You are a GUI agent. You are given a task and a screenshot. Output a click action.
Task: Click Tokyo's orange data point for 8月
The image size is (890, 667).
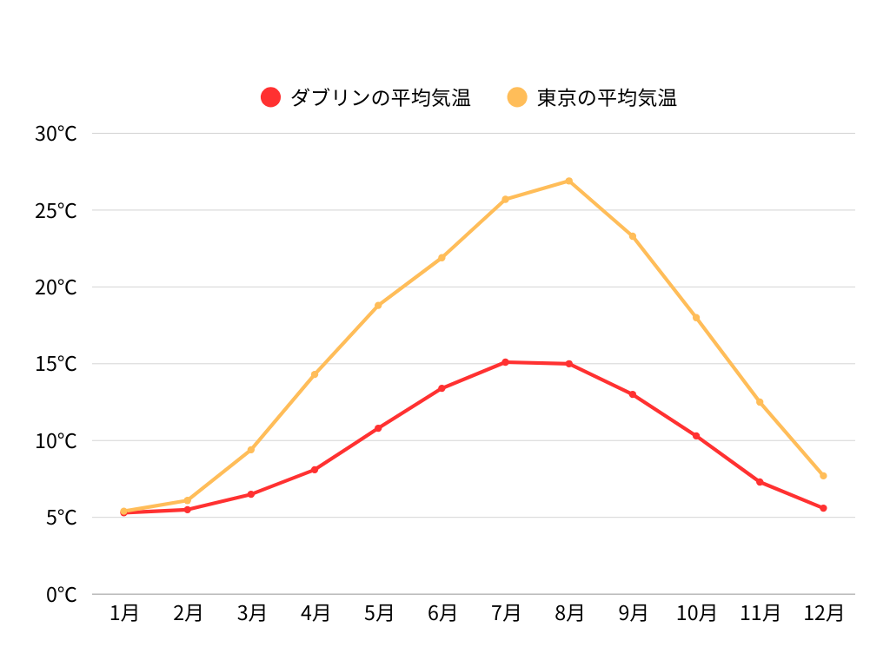point(569,181)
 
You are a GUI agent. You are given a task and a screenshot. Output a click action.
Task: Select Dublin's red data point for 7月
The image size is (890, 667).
point(506,362)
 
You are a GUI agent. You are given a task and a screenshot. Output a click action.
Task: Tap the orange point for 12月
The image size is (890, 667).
point(823,476)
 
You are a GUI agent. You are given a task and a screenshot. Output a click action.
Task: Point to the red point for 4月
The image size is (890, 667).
point(315,470)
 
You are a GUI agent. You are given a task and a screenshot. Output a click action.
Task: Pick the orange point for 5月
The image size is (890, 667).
point(378,306)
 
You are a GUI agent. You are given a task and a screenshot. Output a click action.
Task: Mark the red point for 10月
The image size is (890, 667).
point(696,436)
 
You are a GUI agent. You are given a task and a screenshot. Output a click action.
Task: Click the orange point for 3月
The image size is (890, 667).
point(251,450)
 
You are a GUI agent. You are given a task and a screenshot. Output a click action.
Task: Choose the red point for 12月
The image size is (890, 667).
point(823,508)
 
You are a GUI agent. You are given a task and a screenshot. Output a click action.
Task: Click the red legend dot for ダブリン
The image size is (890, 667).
point(271,97)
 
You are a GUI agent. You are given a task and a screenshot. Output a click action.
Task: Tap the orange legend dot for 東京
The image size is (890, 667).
point(517,97)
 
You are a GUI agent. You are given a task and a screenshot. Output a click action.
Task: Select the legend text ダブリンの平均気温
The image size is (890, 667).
point(381,97)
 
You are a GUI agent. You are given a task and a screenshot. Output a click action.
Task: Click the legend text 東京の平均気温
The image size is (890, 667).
point(607,97)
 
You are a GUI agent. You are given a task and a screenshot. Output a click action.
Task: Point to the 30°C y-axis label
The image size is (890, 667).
point(56,134)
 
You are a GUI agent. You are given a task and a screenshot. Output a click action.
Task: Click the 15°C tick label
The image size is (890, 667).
point(56,364)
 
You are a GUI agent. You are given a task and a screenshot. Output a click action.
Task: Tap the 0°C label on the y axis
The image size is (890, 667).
point(61,595)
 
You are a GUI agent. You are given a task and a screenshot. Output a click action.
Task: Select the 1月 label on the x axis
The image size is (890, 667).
point(124,613)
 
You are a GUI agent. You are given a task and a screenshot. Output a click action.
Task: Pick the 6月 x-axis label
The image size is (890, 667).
point(442,613)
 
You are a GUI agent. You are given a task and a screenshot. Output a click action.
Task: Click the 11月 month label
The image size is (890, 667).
point(760,613)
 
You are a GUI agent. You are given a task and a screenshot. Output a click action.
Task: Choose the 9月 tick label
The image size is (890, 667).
point(633,613)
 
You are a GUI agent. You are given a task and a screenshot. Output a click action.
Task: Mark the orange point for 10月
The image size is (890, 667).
point(696,318)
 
